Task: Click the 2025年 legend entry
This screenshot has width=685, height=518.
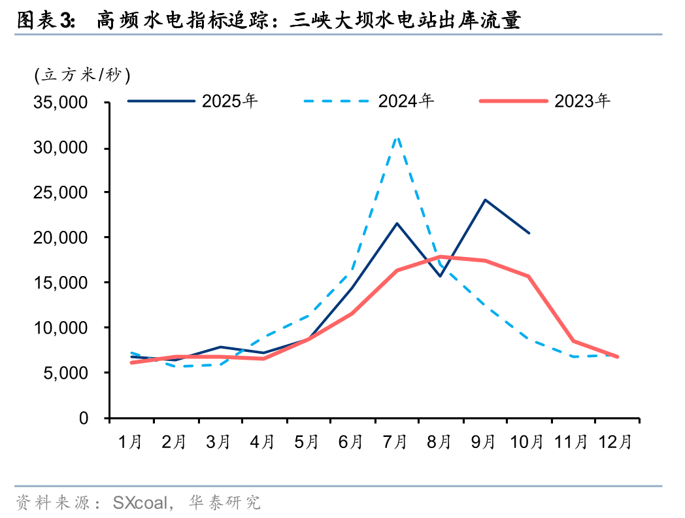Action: tap(229, 101)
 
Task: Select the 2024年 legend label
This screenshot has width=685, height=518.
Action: tap(406, 101)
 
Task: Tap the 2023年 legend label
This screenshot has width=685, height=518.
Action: tap(582, 101)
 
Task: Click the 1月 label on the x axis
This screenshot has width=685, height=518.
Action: tap(131, 442)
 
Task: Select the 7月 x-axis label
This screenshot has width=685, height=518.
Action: tap(396, 442)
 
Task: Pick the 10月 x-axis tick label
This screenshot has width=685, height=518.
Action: tap(528, 442)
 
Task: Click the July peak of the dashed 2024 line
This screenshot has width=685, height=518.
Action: tap(397, 137)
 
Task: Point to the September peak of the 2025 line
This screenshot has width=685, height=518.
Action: tap(485, 199)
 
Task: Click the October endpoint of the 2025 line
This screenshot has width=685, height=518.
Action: tap(529, 233)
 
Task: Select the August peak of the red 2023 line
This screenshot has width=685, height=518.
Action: tap(441, 256)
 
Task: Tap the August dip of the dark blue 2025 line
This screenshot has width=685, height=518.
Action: tap(441, 276)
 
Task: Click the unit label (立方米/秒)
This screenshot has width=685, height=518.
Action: tap(83, 75)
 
